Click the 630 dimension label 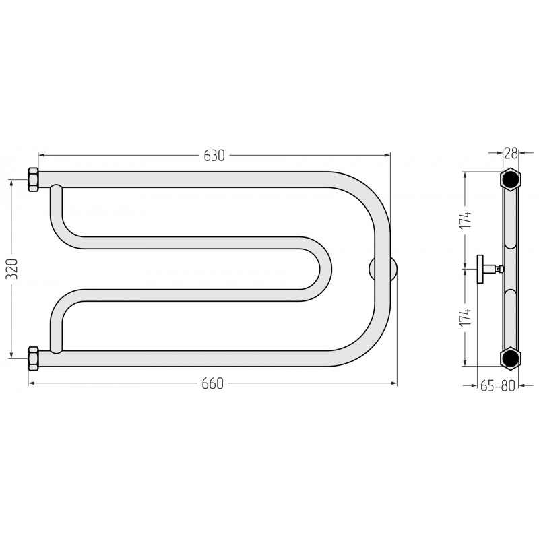click(214, 156)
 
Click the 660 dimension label click(212, 383)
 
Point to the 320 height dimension click(13, 269)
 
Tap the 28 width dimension click(511, 153)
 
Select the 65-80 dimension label click(497, 386)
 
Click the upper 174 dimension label click(466, 220)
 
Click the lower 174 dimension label click(466, 317)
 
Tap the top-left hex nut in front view click(33, 179)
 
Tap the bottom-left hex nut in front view click(33, 358)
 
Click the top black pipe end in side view click(511, 179)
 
